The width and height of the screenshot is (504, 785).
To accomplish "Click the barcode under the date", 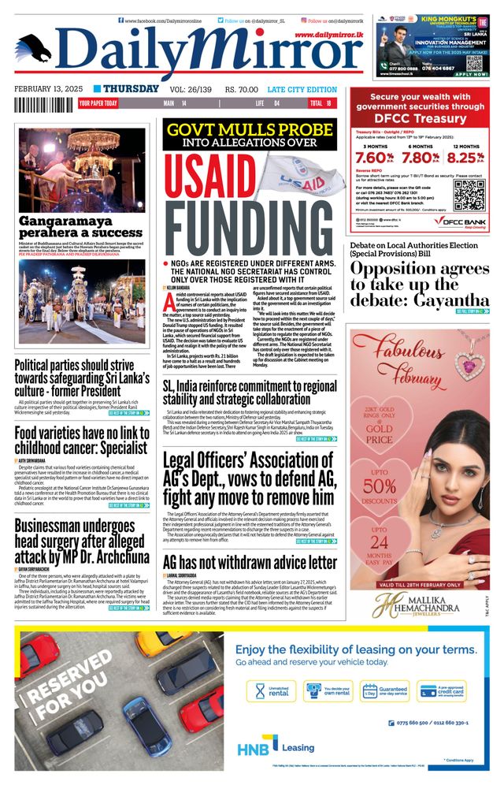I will pos(43,103).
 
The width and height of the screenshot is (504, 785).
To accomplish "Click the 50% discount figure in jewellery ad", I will pos(380,487).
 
